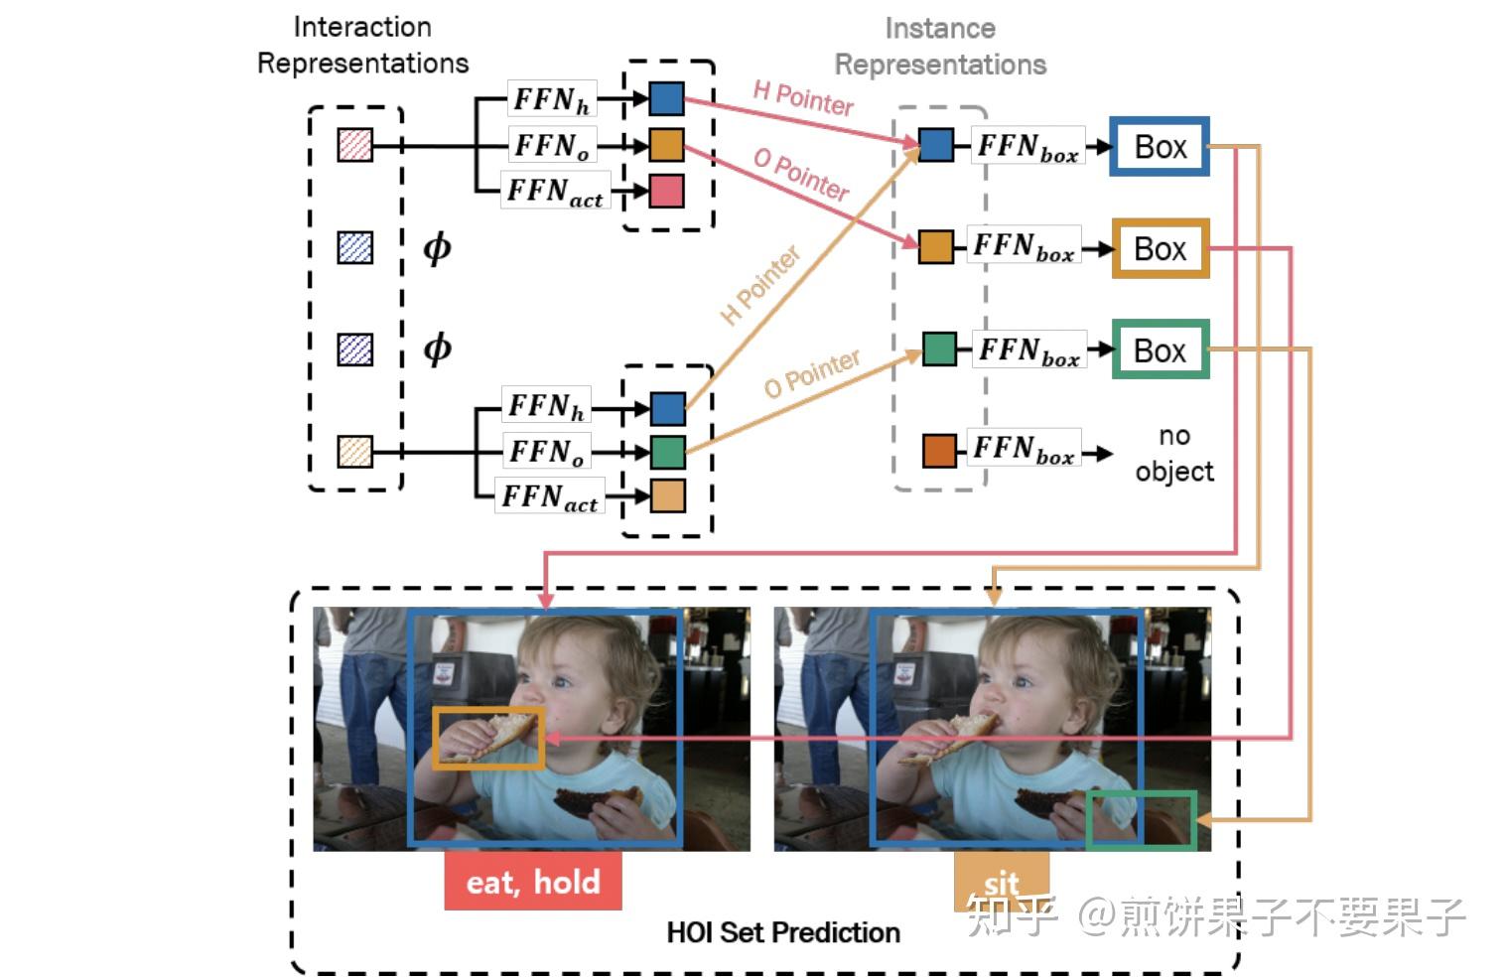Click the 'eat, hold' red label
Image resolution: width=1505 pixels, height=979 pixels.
[533, 882]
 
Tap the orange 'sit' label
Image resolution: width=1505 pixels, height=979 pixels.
[1001, 880]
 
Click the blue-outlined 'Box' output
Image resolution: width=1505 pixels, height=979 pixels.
[1159, 147]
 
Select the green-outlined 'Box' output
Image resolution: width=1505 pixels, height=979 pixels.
[1159, 350]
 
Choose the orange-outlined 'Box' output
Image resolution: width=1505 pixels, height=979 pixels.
[1159, 248]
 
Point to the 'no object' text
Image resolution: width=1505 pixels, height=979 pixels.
[1173, 454]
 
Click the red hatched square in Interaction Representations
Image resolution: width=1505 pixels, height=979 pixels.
[354, 146]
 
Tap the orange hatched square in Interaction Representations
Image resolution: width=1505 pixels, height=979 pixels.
[354, 452]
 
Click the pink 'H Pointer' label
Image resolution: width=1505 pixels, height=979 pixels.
[802, 98]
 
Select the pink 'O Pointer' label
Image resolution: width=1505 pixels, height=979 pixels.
[800, 175]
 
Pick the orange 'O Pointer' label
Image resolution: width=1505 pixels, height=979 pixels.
[811, 374]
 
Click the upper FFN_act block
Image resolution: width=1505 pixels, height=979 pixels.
[554, 191]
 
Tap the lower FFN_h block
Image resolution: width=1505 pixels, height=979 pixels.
[546, 406]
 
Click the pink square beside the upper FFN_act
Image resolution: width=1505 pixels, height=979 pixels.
[666, 191]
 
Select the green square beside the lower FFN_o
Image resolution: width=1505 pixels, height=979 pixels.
[667, 452]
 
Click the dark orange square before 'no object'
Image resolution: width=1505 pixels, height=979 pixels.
[938, 451]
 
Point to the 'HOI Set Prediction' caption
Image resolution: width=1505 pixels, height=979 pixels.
[782, 932]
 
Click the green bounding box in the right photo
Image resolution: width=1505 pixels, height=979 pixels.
[1141, 820]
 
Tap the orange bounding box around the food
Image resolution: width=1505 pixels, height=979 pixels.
[487, 738]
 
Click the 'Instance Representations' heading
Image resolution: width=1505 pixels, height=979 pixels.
[939, 47]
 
